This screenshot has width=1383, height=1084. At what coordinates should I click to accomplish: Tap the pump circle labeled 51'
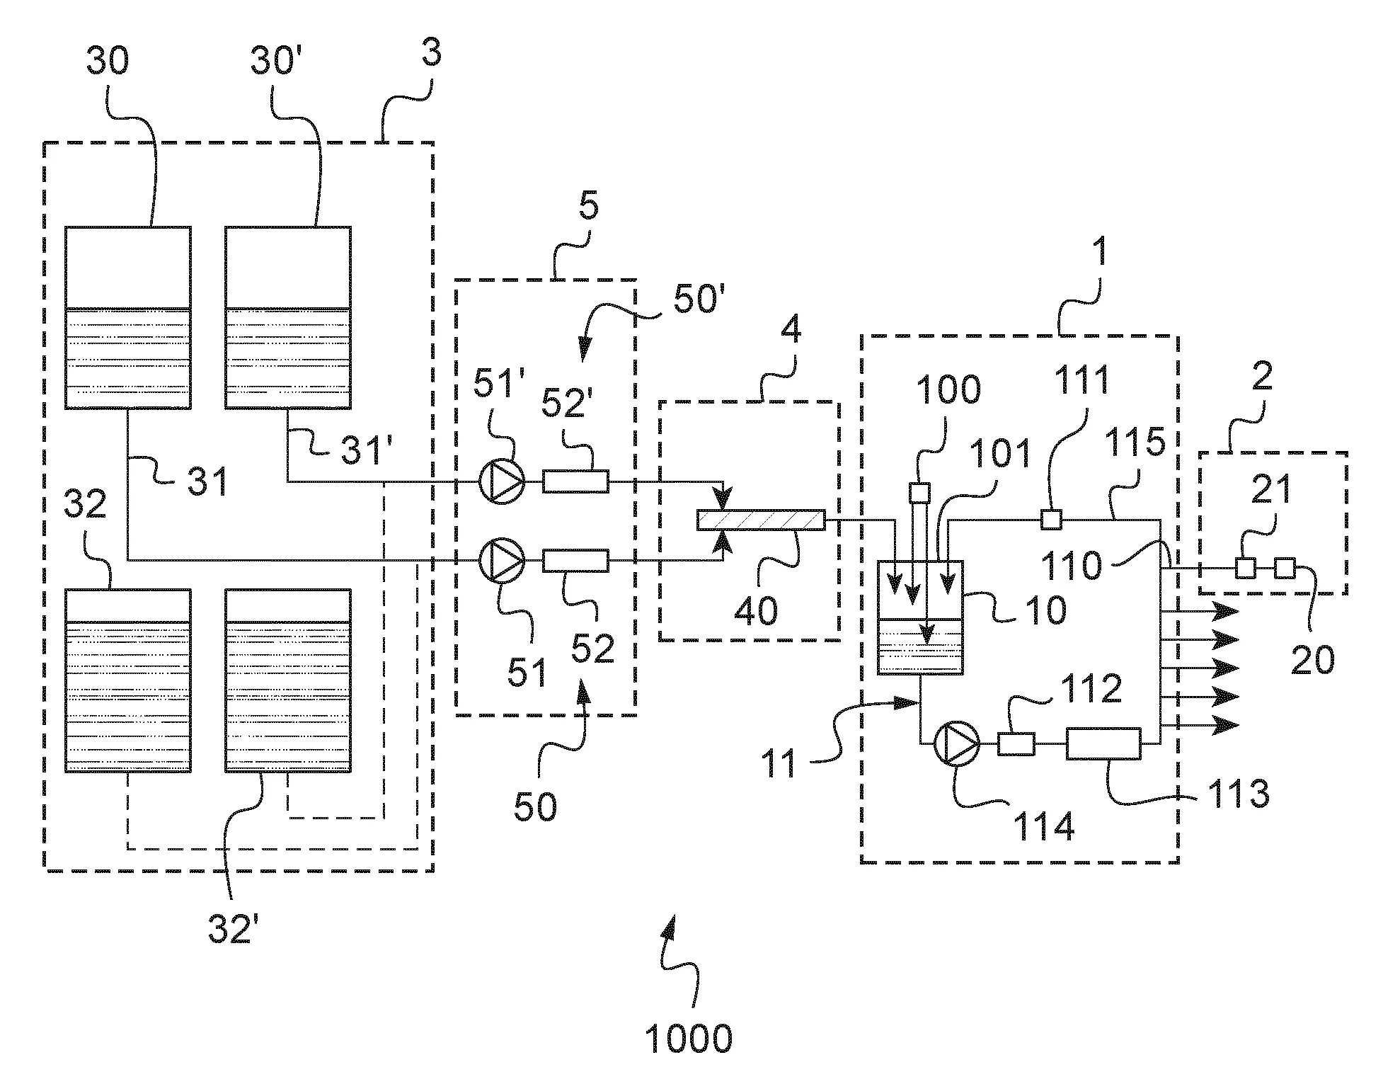tap(501, 481)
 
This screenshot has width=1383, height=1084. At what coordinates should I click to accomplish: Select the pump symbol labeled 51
tap(501, 561)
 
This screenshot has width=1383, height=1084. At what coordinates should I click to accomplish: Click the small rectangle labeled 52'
tap(575, 481)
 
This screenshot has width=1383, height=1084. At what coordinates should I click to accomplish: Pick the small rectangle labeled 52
tap(575, 561)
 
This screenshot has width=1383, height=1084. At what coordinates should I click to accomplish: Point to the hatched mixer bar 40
tap(760, 520)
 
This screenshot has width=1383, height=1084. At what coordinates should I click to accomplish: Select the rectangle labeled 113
tap(1103, 743)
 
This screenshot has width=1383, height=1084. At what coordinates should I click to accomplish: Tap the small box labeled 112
tap(1016, 744)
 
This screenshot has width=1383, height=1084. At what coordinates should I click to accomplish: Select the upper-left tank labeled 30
tap(127, 317)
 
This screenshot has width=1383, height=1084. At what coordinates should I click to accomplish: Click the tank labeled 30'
tap(288, 317)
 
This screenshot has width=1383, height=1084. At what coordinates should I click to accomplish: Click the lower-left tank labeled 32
tap(127, 680)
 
